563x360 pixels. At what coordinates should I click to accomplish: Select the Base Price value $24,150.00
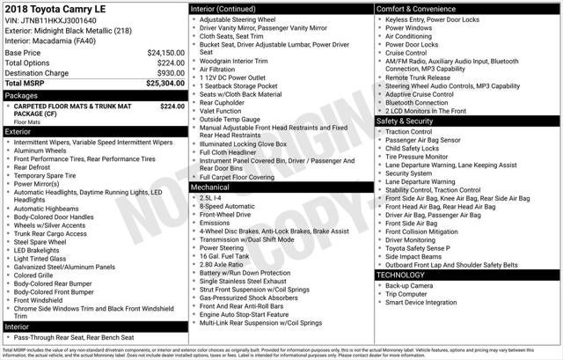pos(165,53)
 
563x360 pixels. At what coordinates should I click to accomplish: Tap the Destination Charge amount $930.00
pos(167,73)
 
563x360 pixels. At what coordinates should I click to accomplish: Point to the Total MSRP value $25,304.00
pos(165,84)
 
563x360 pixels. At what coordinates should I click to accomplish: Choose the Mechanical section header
pos(210,187)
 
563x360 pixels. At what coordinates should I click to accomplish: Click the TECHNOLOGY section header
pos(400,275)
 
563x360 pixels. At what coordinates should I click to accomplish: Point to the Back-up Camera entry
pos(408,285)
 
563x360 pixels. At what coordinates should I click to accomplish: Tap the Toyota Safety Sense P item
pos(419,247)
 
